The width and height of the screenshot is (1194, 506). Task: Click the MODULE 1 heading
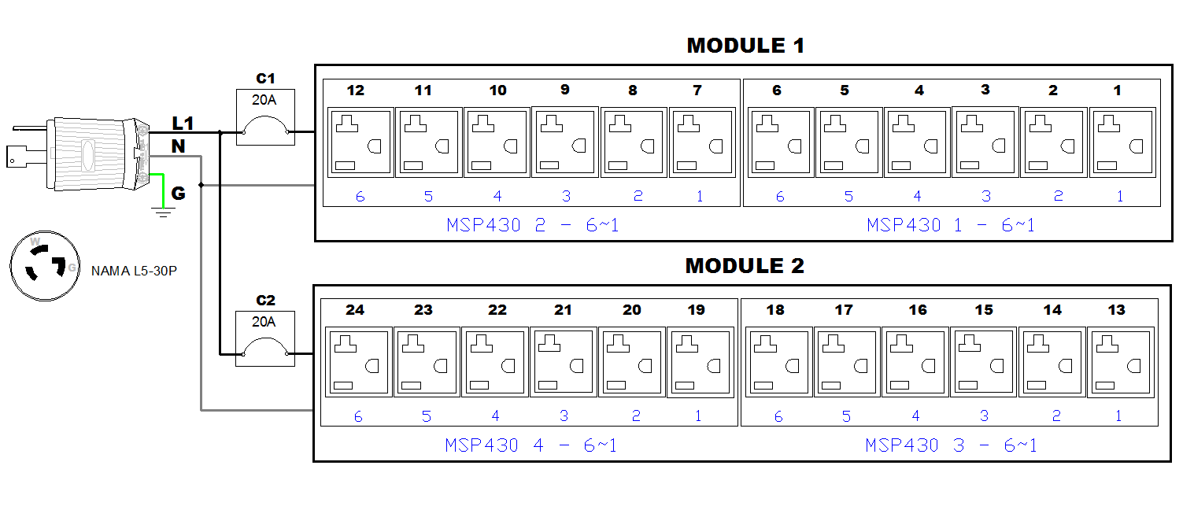pyautogui.click(x=745, y=46)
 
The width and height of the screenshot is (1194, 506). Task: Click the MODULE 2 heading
pyautogui.click(x=744, y=266)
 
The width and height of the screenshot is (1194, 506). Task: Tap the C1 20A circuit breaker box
pyautogui.click(x=266, y=117)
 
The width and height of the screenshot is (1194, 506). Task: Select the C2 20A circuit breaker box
pyautogui.click(x=266, y=338)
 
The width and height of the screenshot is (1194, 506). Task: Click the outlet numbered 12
pyautogui.click(x=360, y=142)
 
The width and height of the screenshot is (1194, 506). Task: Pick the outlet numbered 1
pyautogui.click(x=1120, y=142)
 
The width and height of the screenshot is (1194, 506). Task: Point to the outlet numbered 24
pyautogui.click(x=358, y=363)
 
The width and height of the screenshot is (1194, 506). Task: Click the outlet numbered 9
pyautogui.click(x=565, y=142)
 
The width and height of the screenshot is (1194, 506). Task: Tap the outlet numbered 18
pyautogui.click(x=778, y=363)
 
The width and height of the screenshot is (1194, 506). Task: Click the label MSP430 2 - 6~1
pyautogui.click(x=532, y=226)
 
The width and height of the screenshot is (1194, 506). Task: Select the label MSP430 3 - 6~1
pyautogui.click(x=951, y=446)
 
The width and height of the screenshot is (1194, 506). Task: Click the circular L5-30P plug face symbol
pyautogui.click(x=46, y=267)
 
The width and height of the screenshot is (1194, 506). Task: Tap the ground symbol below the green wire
pyautogui.click(x=163, y=211)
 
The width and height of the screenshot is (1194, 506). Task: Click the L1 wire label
pyautogui.click(x=183, y=124)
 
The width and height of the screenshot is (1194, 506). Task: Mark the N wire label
pyautogui.click(x=179, y=146)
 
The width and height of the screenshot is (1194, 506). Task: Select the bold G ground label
pyautogui.click(x=179, y=194)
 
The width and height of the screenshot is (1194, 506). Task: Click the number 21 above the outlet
pyautogui.click(x=563, y=310)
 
